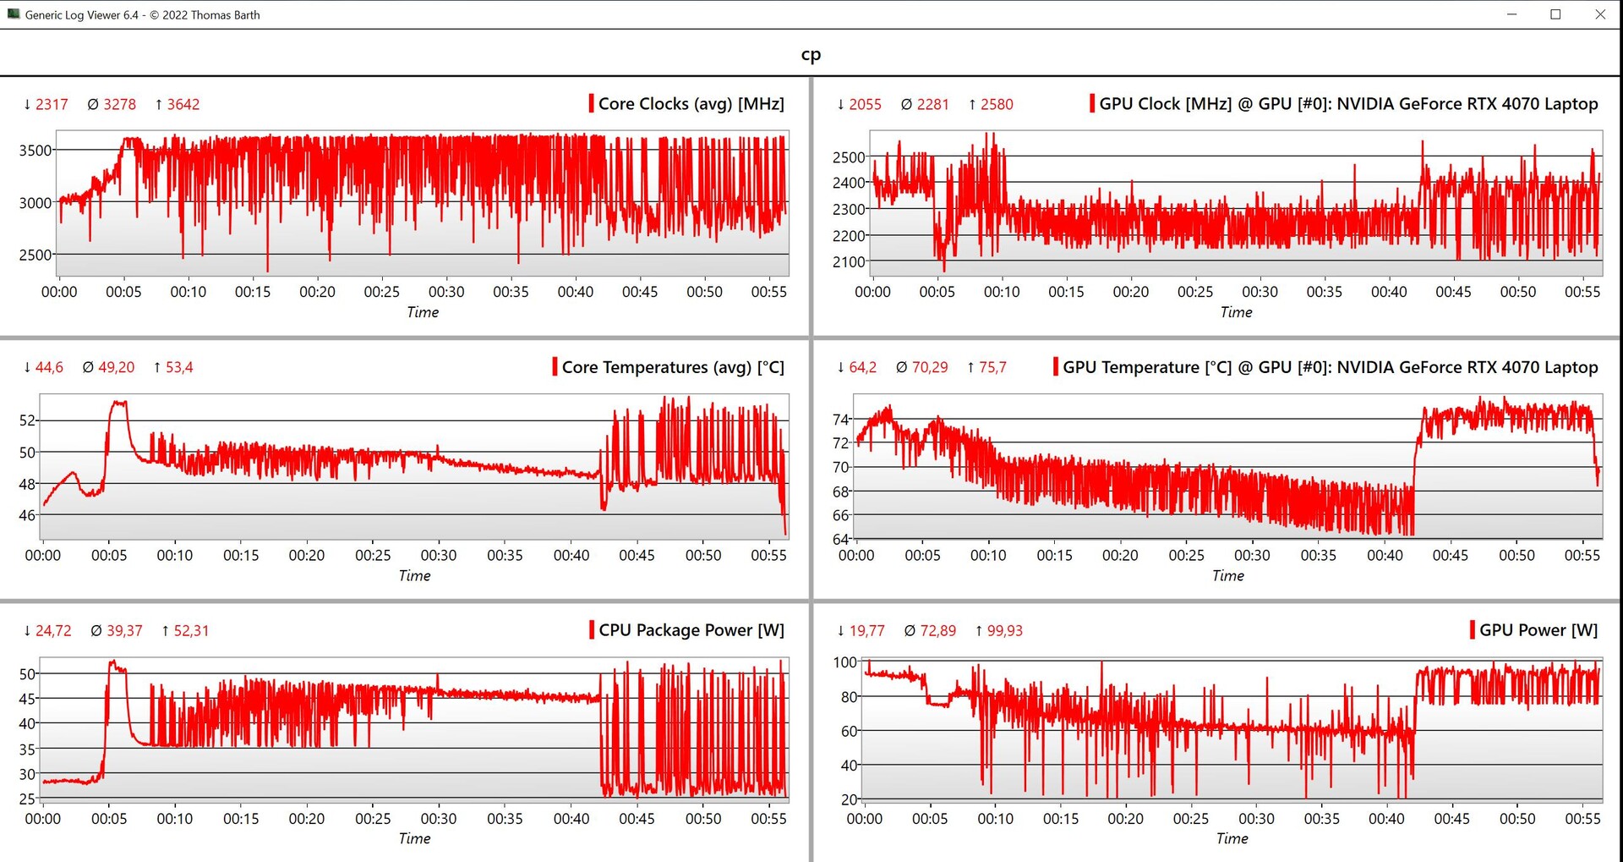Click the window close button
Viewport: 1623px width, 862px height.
(1600, 14)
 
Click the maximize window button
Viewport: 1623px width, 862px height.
(1555, 14)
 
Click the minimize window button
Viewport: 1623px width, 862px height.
(1511, 14)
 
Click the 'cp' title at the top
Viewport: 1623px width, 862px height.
(811, 55)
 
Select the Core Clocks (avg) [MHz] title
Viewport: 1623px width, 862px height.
(691, 104)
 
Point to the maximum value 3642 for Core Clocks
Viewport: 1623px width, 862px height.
(183, 105)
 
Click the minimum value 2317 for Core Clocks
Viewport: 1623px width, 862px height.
(51, 105)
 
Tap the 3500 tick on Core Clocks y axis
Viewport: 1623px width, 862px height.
(36, 151)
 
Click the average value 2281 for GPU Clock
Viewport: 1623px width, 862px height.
(932, 105)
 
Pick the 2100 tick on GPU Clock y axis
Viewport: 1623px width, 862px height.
(849, 262)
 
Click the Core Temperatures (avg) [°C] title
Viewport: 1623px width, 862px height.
(673, 367)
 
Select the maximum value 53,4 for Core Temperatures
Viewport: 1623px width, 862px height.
(178, 368)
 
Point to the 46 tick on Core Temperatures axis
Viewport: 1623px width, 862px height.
(28, 515)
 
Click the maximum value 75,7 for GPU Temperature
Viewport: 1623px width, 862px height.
(992, 368)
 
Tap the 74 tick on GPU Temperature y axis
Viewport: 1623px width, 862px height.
(840, 420)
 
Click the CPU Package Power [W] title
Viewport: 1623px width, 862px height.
(691, 630)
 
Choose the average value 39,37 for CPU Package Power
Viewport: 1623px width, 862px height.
(124, 631)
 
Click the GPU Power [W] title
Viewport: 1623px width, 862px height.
(1538, 630)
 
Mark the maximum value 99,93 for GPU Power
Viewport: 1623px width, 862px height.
(1004, 631)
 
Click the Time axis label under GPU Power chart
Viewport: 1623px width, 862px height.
(1232, 838)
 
